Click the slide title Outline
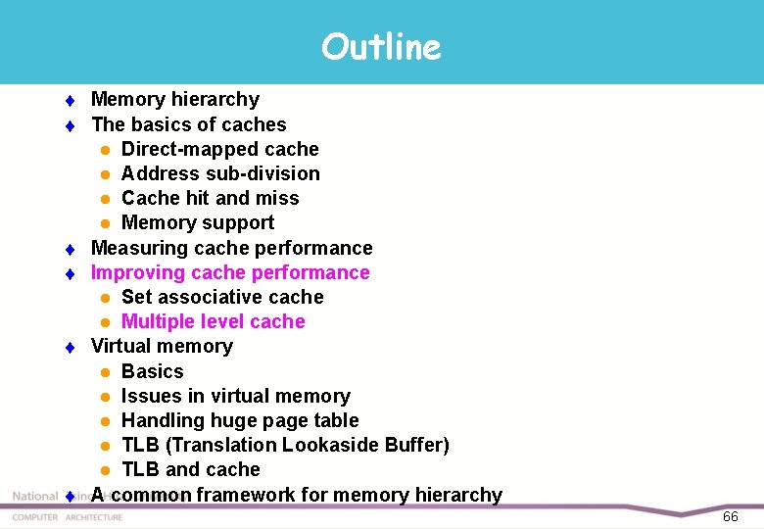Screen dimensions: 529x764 click(381, 46)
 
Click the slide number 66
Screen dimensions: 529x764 click(730, 516)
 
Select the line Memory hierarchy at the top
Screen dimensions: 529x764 click(175, 99)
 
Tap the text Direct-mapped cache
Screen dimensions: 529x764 click(219, 149)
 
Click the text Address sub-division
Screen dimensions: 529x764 click(220, 173)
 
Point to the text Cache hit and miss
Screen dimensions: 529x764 click(210, 198)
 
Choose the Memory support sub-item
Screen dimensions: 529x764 click(197, 222)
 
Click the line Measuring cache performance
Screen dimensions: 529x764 click(231, 248)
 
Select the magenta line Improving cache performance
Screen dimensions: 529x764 click(230, 272)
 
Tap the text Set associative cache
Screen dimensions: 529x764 click(222, 297)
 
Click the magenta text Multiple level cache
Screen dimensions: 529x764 click(213, 321)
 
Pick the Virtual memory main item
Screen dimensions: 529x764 click(162, 346)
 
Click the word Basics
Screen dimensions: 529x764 click(152, 371)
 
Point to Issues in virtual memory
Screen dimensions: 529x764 click(235, 396)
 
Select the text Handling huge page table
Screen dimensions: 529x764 click(240, 420)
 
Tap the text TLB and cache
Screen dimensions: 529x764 click(190, 469)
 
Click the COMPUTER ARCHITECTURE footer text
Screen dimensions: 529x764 click(68, 517)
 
